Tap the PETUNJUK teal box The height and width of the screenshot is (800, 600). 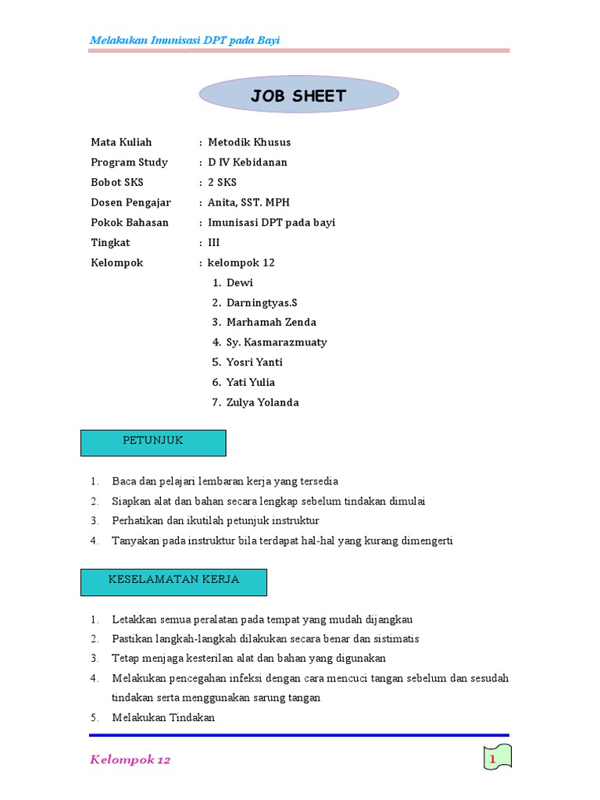154,442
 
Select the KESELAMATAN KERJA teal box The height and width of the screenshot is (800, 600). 174,582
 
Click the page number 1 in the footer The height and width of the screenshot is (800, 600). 493,759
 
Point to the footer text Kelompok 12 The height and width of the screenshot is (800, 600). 130,759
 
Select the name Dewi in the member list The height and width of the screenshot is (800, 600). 240,283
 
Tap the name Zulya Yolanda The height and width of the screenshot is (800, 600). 262,403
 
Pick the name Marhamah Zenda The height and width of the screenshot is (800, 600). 271,323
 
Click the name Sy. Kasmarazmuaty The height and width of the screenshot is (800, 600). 277,342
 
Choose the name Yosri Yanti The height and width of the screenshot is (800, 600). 255,362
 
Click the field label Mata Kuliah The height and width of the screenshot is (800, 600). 121,142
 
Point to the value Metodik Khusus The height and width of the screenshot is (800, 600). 249,142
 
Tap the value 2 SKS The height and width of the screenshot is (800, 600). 222,182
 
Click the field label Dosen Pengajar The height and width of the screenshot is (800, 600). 130,202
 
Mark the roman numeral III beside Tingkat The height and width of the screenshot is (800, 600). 214,243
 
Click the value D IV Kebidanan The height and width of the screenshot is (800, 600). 248,162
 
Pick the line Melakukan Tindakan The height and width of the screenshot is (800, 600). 162,718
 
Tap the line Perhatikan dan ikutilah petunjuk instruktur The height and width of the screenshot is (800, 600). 215,520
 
